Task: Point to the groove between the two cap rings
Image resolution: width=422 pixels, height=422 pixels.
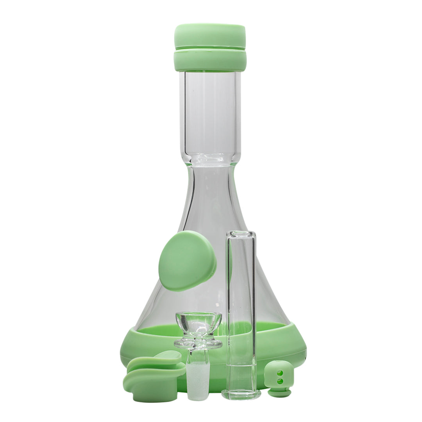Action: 210,50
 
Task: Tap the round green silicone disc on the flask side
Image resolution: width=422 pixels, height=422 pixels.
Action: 186,260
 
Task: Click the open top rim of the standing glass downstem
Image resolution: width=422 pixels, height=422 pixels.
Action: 241,233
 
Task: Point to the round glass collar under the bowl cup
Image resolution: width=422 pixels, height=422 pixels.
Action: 198,344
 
